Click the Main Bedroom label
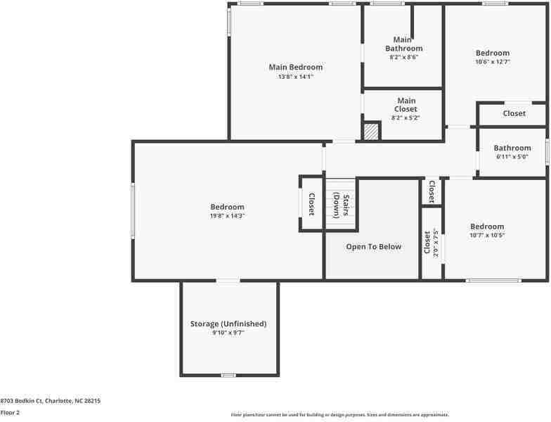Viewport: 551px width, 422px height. click(295, 68)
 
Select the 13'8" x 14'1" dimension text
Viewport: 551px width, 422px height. click(295, 77)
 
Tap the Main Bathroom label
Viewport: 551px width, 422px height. click(403, 44)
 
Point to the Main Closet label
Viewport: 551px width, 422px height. click(406, 105)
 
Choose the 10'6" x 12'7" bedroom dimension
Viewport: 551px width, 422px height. click(492, 62)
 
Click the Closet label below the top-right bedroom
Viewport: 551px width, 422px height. click(514, 113)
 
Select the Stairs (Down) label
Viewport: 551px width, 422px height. click(341, 205)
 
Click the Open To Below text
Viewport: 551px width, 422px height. click(373, 247)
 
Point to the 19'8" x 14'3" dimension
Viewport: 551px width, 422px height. click(227, 216)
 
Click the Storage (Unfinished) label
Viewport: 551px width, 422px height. click(228, 324)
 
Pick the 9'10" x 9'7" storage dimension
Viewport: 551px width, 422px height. click(228, 333)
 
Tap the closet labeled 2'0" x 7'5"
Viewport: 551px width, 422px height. click(431, 243)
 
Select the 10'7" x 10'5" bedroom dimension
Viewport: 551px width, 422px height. click(487, 236)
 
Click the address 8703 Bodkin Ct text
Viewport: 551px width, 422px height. click(50, 400)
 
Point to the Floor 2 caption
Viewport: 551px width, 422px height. click(11, 413)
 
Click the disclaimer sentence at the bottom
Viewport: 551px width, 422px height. click(339, 415)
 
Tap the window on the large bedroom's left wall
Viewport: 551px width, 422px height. click(133, 210)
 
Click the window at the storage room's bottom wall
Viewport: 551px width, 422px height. click(228, 375)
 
